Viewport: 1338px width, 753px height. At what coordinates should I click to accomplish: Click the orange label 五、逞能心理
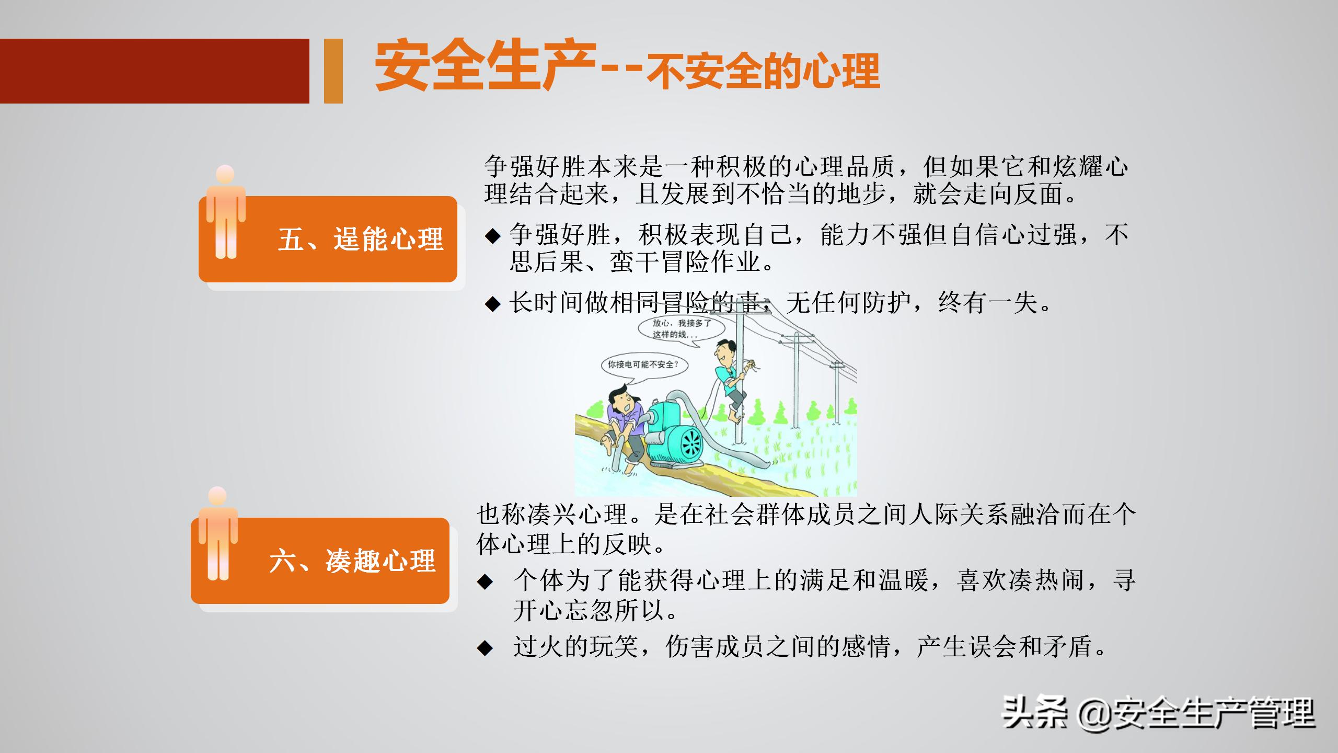coord(361,239)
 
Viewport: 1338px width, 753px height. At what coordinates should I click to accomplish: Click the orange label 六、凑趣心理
coord(352,561)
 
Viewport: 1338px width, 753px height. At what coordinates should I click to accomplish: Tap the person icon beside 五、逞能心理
coord(226,212)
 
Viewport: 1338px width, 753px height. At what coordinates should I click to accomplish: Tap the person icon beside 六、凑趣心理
coord(218,533)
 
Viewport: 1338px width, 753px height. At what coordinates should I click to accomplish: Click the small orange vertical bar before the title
coord(333,71)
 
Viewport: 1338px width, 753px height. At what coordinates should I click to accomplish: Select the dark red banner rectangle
coord(154,71)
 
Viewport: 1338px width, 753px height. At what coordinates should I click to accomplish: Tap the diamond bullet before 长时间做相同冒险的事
coord(492,304)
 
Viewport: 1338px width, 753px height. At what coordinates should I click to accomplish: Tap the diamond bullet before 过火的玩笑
coord(485,648)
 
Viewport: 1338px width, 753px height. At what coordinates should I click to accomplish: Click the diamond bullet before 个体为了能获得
coord(485,581)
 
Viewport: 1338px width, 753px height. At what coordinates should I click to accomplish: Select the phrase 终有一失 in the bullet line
coord(988,303)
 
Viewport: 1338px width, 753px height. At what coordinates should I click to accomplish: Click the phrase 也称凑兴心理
coord(552,514)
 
